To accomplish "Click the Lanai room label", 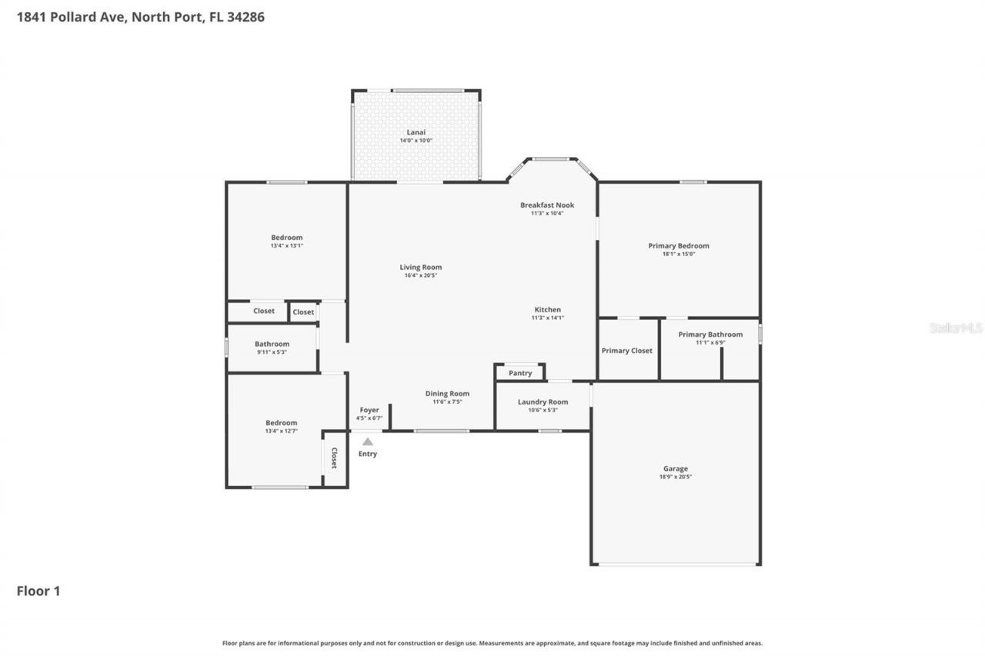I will click(x=416, y=132).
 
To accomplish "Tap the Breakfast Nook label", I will click(x=546, y=205).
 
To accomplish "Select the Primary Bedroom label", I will click(x=678, y=246).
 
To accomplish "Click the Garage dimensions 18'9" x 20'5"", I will click(x=675, y=477).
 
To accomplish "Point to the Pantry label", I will click(x=520, y=374).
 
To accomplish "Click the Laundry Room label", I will click(x=543, y=402).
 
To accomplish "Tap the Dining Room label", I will click(x=447, y=394).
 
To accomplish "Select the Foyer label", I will click(x=369, y=410).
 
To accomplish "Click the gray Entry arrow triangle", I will click(x=368, y=441).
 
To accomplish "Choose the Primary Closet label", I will click(x=626, y=351).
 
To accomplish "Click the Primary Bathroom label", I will click(x=710, y=335).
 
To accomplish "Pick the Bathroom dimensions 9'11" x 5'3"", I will click(x=272, y=352).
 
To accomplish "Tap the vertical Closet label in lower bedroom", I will click(x=334, y=458).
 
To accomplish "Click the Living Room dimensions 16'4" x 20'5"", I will click(x=421, y=275).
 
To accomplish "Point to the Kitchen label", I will click(x=548, y=310).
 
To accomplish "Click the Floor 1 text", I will click(x=38, y=591).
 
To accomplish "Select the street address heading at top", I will click(x=141, y=16).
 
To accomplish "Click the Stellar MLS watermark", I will click(x=956, y=328).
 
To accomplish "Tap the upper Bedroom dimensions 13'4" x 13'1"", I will click(x=286, y=246).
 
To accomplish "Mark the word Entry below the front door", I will click(x=368, y=454).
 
